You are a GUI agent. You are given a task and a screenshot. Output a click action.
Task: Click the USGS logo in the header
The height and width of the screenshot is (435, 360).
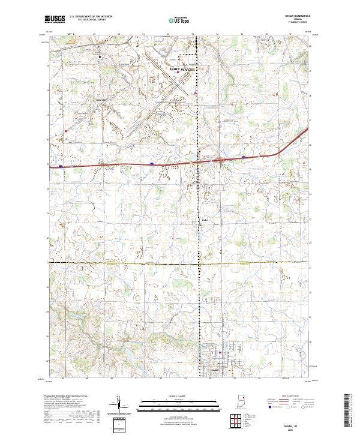point(55,19)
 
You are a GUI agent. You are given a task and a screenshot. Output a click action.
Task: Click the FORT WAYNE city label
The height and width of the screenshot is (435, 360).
point(183,70)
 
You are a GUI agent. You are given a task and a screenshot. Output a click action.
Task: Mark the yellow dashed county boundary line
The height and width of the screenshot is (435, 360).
point(120,262)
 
